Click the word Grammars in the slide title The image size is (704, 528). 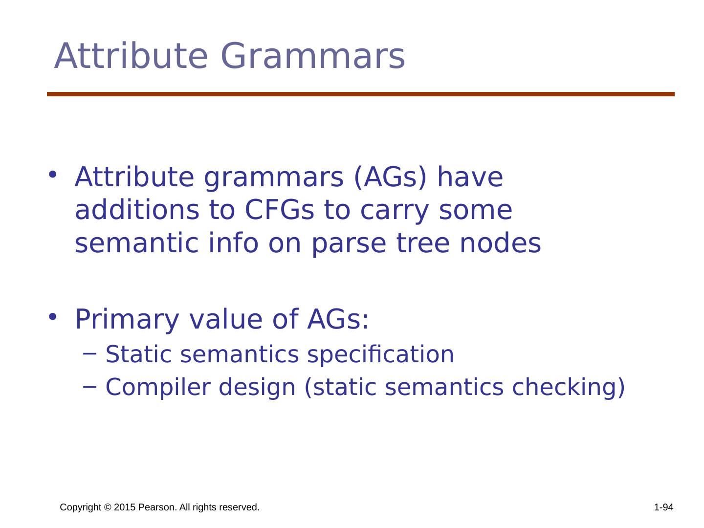pyautogui.click(x=313, y=56)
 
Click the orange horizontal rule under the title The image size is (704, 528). pyautogui.click(x=360, y=94)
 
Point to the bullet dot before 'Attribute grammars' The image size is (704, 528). pyautogui.click(x=53, y=175)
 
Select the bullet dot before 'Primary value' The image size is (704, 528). pyautogui.click(x=53, y=317)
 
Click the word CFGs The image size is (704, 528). pyautogui.click(x=279, y=210)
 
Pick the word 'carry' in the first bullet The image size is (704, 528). pyautogui.click(x=394, y=213)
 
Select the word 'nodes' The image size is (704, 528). pyautogui.click(x=500, y=242)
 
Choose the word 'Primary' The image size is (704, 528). pyautogui.click(x=127, y=321)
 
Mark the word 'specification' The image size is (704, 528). pyautogui.click(x=380, y=355)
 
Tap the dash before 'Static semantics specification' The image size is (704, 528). pyautogui.click(x=89, y=353)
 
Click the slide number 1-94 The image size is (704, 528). pyautogui.click(x=663, y=507)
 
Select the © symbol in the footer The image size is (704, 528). pyautogui.click(x=108, y=507)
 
